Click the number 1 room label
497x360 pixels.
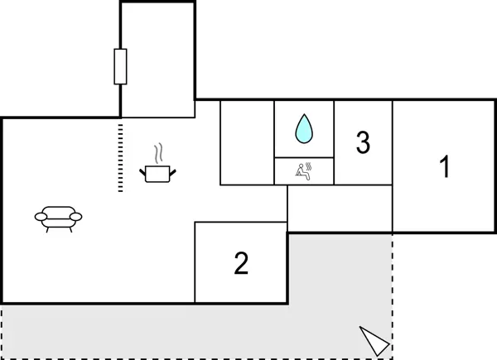[x=444, y=167]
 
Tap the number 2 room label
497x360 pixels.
[x=241, y=263]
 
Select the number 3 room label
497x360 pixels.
[x=362, y=142]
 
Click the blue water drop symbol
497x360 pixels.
[x=305, y=127]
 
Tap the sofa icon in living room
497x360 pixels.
[x=59, y=217]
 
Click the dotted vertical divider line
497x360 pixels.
[x=120, y=157]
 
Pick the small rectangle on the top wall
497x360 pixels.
[x=121, y=66]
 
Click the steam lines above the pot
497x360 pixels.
[x=159, y=153]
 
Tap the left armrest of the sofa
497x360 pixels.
[x=41, y=217]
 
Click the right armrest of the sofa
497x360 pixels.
[x=77, y=217]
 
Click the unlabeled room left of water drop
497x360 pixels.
[x=247, y=142]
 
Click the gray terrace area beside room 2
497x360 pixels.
[x=340, y=273]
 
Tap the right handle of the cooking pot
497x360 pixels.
[x=173, y=170]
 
